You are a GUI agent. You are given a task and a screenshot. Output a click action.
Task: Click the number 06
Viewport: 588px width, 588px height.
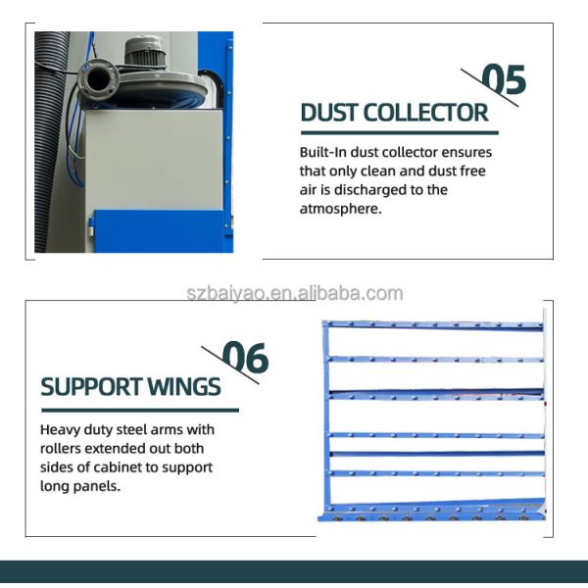click(245, 359)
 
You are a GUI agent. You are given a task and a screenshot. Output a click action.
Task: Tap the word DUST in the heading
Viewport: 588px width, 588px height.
click(328, 113)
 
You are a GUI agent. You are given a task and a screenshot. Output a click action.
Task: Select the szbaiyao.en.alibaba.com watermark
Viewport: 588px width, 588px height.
click(295, 293)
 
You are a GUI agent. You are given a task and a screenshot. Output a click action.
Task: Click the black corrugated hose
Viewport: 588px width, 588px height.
click(49, 147)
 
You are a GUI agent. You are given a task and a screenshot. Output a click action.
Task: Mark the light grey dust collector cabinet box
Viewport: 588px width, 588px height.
click(152, 157)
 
